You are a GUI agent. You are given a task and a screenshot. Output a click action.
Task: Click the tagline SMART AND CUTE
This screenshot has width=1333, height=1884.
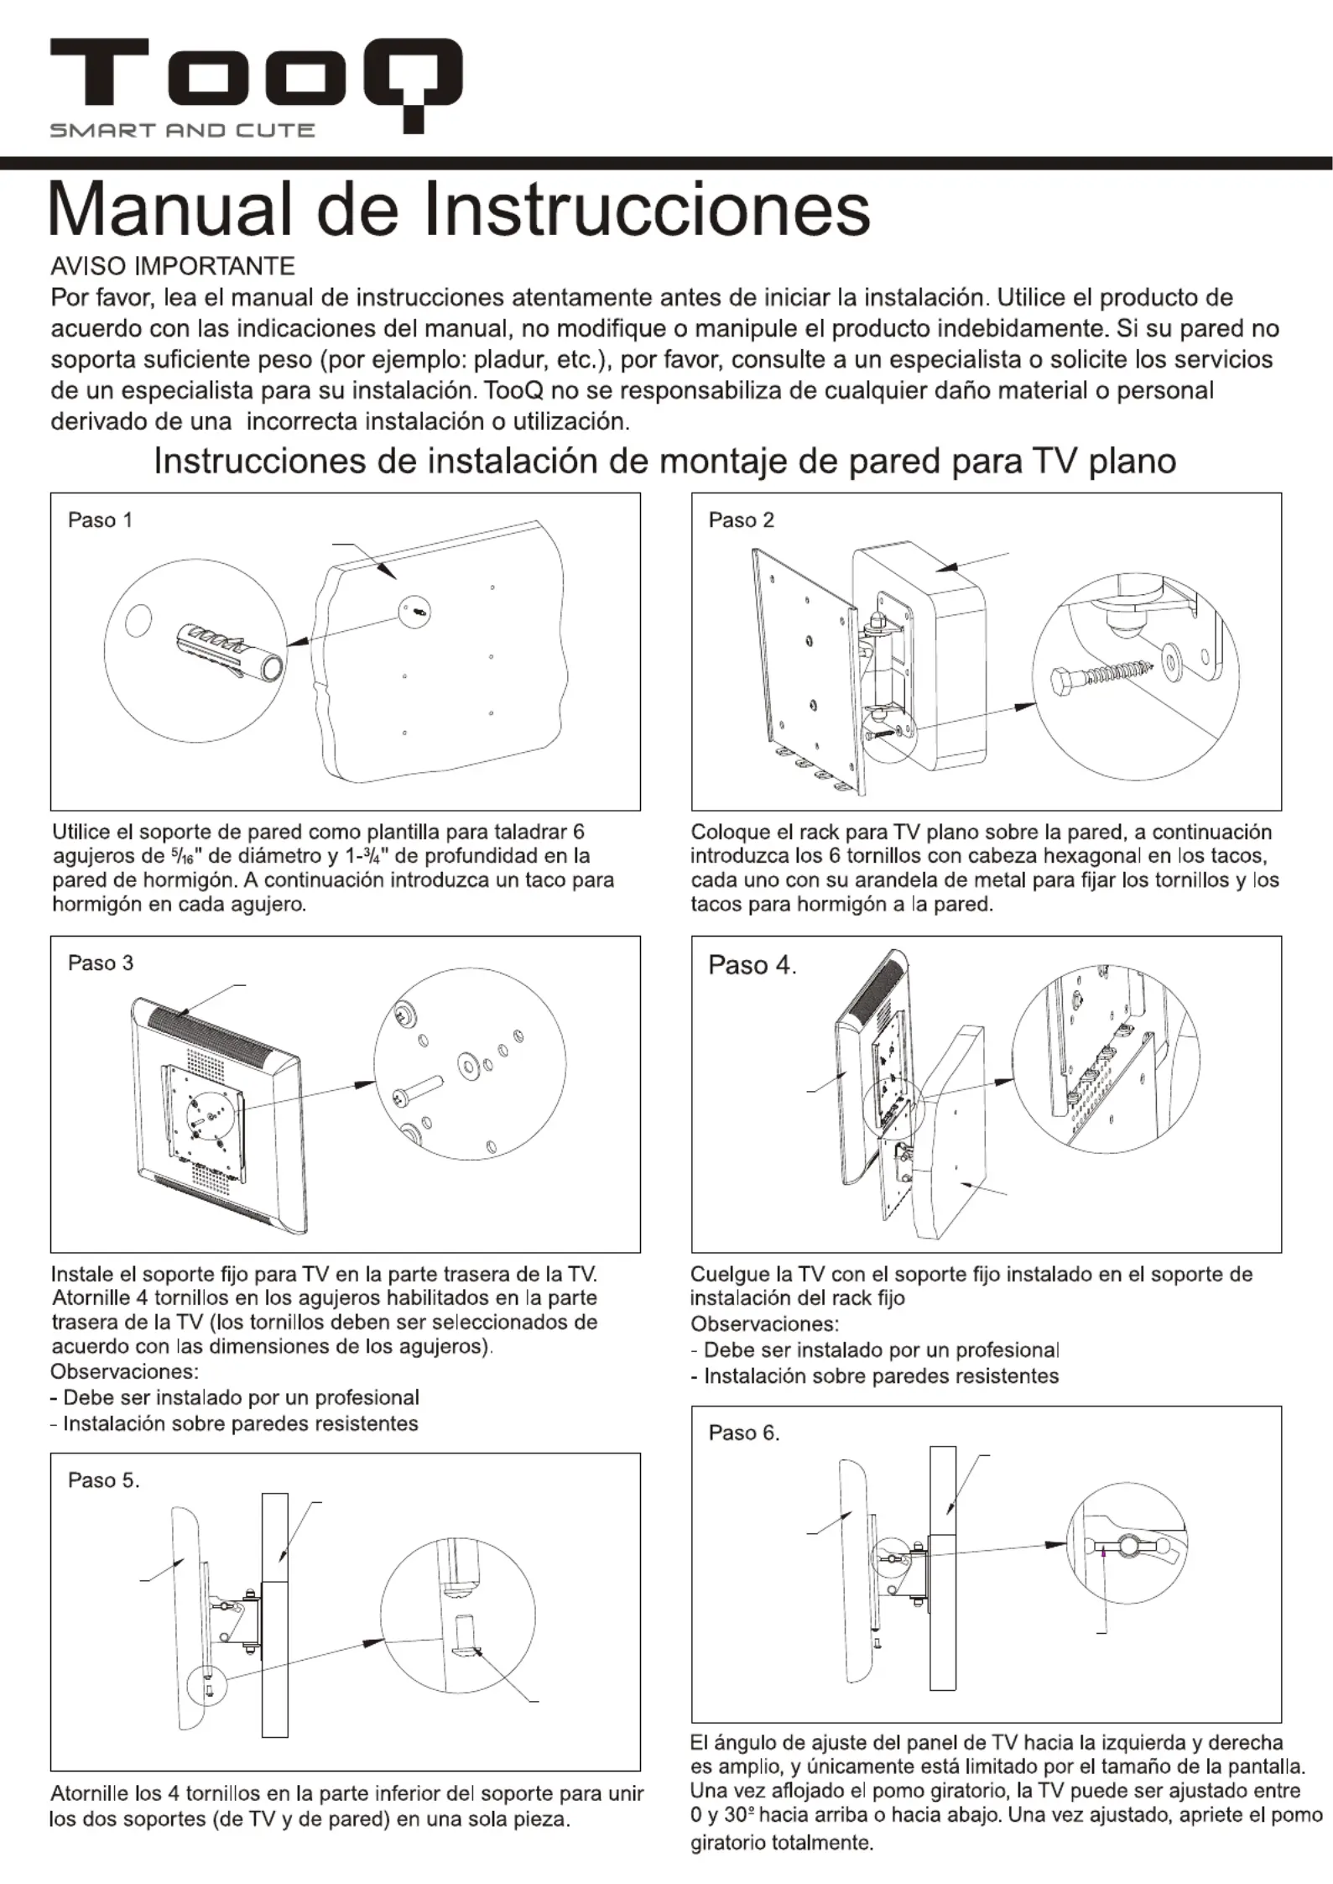[182, 130]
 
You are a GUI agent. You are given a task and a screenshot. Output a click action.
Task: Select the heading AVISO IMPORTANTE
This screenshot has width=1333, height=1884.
[173, 267]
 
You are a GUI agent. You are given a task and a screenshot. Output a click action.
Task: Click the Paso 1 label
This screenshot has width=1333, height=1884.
[100, 520]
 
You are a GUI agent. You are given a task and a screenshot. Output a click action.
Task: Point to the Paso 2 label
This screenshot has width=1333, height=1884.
[741, 520]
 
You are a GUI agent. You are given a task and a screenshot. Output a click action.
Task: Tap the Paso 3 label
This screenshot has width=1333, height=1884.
[100, 963]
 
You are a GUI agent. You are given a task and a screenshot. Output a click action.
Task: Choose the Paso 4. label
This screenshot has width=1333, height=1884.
[752, 965]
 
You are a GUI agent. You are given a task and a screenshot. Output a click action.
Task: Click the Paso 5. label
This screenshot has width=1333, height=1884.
[103, 1480]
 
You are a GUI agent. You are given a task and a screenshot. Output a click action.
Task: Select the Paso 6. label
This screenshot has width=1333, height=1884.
[744, 1433]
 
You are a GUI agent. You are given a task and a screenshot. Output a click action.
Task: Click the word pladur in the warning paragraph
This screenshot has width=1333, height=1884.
[509, 360]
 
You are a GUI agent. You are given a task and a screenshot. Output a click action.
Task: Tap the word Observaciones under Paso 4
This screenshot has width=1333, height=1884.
[764, 1323]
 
